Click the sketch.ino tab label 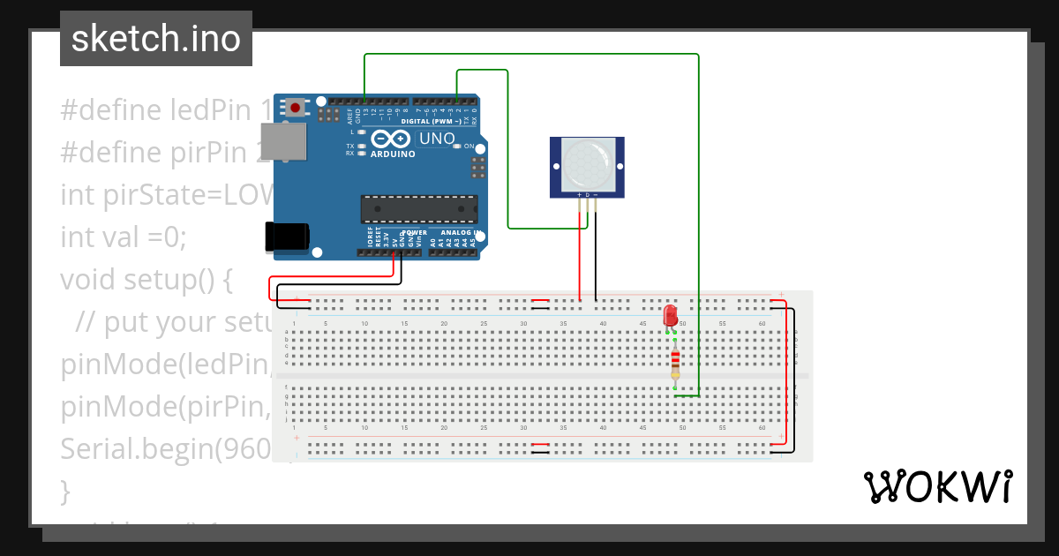click(x=156, y=39)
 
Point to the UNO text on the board click(x=436, y=139)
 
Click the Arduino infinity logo click(x=390, y=139)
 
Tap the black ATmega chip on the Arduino click(x=418, y=209)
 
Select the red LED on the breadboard click(x=670, y=314)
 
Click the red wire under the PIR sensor click(x=580, y=256)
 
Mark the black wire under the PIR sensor click(x=596, y=256)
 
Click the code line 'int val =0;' click(x=124, y=237)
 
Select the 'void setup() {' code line click(x=146, y=280)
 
